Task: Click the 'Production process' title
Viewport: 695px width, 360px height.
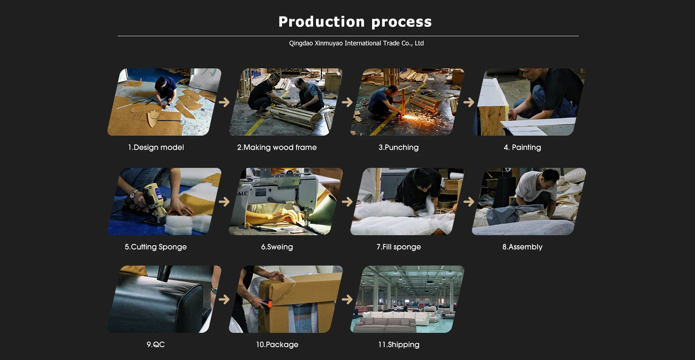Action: [355, 22]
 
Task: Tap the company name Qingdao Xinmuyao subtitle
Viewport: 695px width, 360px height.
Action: [356, 43]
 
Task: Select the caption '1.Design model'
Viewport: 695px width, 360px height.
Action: [156, 147]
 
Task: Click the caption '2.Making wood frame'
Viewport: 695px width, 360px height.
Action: [277, 147]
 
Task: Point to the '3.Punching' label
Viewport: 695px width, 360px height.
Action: [399, 147]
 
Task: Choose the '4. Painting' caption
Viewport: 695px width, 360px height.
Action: [522, 147]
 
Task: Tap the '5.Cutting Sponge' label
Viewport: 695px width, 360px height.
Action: [156, 247]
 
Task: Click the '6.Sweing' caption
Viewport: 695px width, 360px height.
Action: [277, 247]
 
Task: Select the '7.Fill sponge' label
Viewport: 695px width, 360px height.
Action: [399, 247]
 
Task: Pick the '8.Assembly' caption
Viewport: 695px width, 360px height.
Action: [522, 247]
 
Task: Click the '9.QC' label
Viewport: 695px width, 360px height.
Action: [156, 344]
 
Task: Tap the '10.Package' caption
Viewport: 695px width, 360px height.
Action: [277, 344]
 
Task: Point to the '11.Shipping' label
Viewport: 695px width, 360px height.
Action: [399, 344]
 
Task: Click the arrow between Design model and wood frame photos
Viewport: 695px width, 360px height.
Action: [224, 102]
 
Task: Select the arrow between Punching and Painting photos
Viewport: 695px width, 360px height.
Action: [469, 102]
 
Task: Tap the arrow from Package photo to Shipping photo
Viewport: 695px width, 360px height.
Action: [347, 299]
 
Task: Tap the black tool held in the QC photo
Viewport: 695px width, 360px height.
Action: [165, 273]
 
